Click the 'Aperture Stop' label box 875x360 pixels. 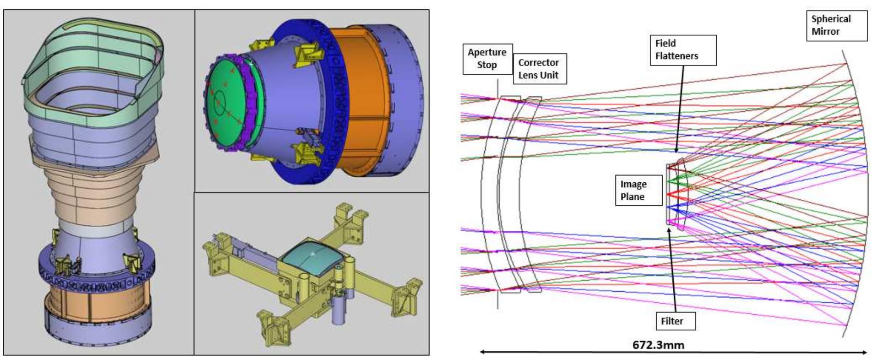pos(487,59)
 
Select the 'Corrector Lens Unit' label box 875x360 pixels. pos(538,69)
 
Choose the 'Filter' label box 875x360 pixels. pos(676,321)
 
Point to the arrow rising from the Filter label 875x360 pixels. pos(672,268)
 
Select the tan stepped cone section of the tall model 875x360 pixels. pos(92,194)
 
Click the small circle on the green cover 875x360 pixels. pos(219,99)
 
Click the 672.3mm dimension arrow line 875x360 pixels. pos(554,352)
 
